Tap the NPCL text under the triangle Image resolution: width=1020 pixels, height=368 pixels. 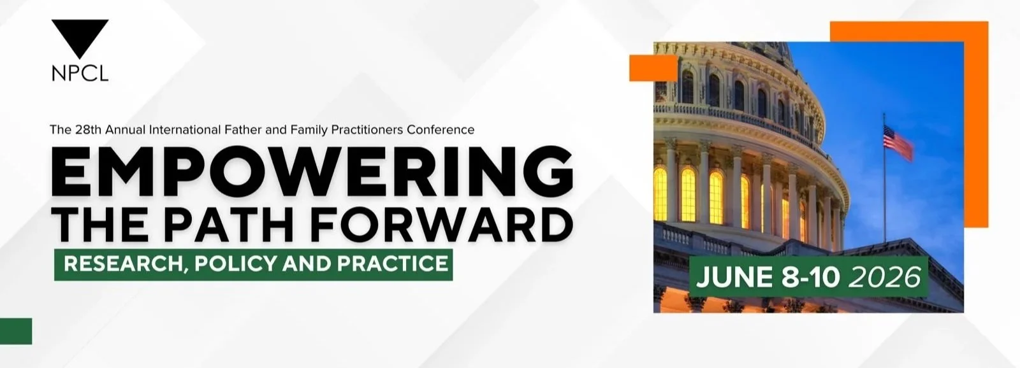click(80, 73)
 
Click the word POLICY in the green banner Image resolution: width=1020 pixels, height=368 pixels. click(235, 264)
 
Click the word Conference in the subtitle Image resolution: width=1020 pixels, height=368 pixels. click(441, 130)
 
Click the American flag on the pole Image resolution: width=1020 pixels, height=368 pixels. click(898, 143)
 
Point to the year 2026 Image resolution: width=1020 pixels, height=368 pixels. click(884, 277)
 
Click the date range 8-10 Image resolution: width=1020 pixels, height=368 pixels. click(810, 277)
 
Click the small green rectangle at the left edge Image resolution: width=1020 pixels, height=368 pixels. click(16, 331)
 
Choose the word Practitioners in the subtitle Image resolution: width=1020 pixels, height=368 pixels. click(367, 130)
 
